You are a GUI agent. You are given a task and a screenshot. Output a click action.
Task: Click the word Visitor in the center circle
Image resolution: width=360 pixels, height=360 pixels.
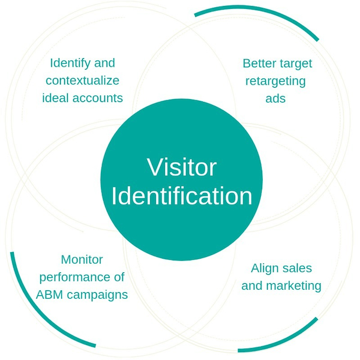pyautogui.click(x=181, y=167)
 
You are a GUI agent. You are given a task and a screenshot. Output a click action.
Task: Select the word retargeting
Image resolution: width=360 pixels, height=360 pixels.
pyautogui.click(x=275, y=81)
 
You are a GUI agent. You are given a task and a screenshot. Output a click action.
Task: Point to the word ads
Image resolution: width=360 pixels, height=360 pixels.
pyautogui.click(x=275, y=98)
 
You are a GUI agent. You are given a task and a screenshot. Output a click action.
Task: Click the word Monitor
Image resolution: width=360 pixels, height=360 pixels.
pyautogui.click(x=82, y=260)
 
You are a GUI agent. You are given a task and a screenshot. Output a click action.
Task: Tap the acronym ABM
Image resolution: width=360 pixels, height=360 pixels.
pyautogui.click(x=49, y=295)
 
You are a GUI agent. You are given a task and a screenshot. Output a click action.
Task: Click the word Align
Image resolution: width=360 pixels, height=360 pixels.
pyautogui.click(x=264, y=269)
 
